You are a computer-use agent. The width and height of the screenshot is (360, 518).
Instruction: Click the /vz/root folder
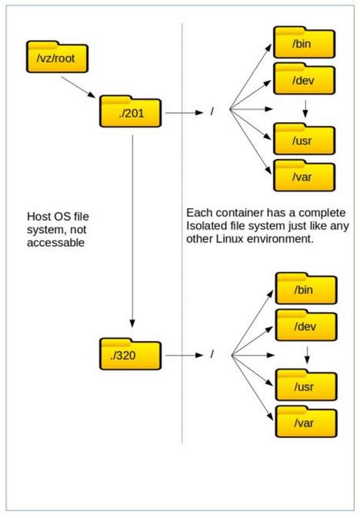point(56,58)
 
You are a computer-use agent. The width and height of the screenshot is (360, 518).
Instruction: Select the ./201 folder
point(130,113)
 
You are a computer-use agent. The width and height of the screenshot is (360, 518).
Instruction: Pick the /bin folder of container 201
point(305,44)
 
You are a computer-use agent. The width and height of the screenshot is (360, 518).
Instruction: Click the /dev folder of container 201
point(305,78)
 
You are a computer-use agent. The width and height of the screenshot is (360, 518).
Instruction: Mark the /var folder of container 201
point(305,178)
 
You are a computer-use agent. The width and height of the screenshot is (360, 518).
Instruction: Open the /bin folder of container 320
point(305,289)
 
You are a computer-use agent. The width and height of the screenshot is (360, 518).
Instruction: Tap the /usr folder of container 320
point(305,386)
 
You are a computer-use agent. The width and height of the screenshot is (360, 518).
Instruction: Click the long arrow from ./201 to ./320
point(133,231)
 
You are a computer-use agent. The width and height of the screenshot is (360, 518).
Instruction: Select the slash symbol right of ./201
point(212,113)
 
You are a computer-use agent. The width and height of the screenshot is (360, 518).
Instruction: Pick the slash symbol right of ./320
point(212,356)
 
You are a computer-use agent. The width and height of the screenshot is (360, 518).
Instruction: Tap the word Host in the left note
point(39,216)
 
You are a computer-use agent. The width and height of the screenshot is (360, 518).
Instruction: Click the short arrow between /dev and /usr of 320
point(306,355)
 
